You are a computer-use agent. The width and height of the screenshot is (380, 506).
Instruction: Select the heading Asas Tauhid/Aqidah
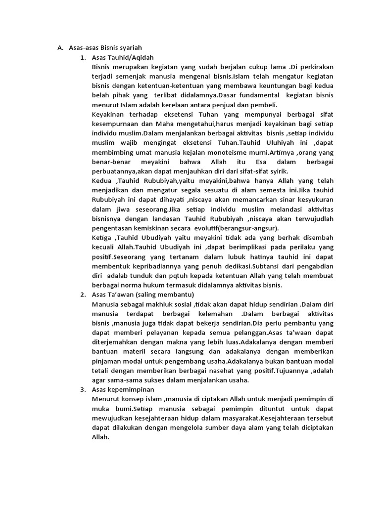[121, 57]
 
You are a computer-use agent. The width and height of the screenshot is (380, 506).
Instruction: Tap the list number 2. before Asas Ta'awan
[83, 295]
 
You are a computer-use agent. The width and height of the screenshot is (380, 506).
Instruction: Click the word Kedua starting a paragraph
[102, 181]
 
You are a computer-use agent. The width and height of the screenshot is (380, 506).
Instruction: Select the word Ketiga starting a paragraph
[102, 238]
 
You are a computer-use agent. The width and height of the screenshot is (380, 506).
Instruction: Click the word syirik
[269, 171]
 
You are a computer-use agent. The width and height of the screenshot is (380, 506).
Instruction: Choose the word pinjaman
[107, 361]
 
